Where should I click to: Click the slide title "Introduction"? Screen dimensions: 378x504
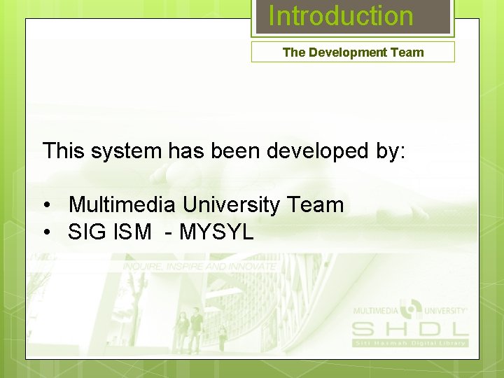[341, 16]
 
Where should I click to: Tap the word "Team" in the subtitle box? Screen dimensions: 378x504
[409, 52]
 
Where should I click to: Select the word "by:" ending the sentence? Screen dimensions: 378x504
[389, 151]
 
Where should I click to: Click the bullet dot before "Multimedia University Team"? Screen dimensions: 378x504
[47, 206]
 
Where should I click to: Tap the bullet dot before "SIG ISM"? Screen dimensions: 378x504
[47, 232]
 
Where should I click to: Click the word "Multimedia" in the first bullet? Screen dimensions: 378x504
[122, 205]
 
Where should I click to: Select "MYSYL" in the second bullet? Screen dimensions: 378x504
[216, 232]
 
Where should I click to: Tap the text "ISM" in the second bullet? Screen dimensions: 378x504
[131, 232]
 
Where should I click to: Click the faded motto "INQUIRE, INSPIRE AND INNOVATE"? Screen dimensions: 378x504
[199, 267]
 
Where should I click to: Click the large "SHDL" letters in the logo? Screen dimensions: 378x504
[409, 328]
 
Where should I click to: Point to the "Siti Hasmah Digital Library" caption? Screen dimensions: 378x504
[409, 342]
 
